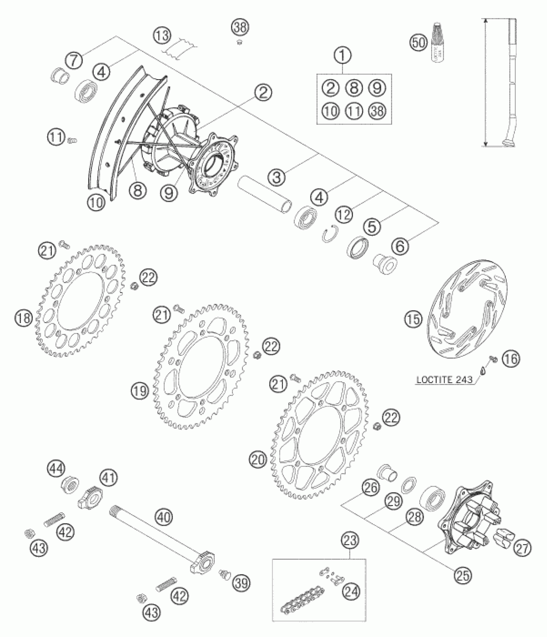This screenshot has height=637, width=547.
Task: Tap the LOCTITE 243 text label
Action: point(444,379)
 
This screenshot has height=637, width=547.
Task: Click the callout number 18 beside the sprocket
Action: point(23,318)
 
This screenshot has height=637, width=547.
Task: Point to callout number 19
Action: point(140,391)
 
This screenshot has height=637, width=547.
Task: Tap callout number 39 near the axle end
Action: point(241,582)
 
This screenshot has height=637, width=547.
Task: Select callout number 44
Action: point(56,469)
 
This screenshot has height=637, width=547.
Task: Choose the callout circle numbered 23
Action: point(350,540)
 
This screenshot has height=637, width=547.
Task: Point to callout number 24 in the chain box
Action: point(351,591)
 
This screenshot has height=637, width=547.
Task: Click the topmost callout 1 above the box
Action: point(343,56)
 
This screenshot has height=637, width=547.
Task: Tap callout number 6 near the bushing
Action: point(400,247)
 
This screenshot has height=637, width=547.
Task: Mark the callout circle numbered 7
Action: point(74,60)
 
